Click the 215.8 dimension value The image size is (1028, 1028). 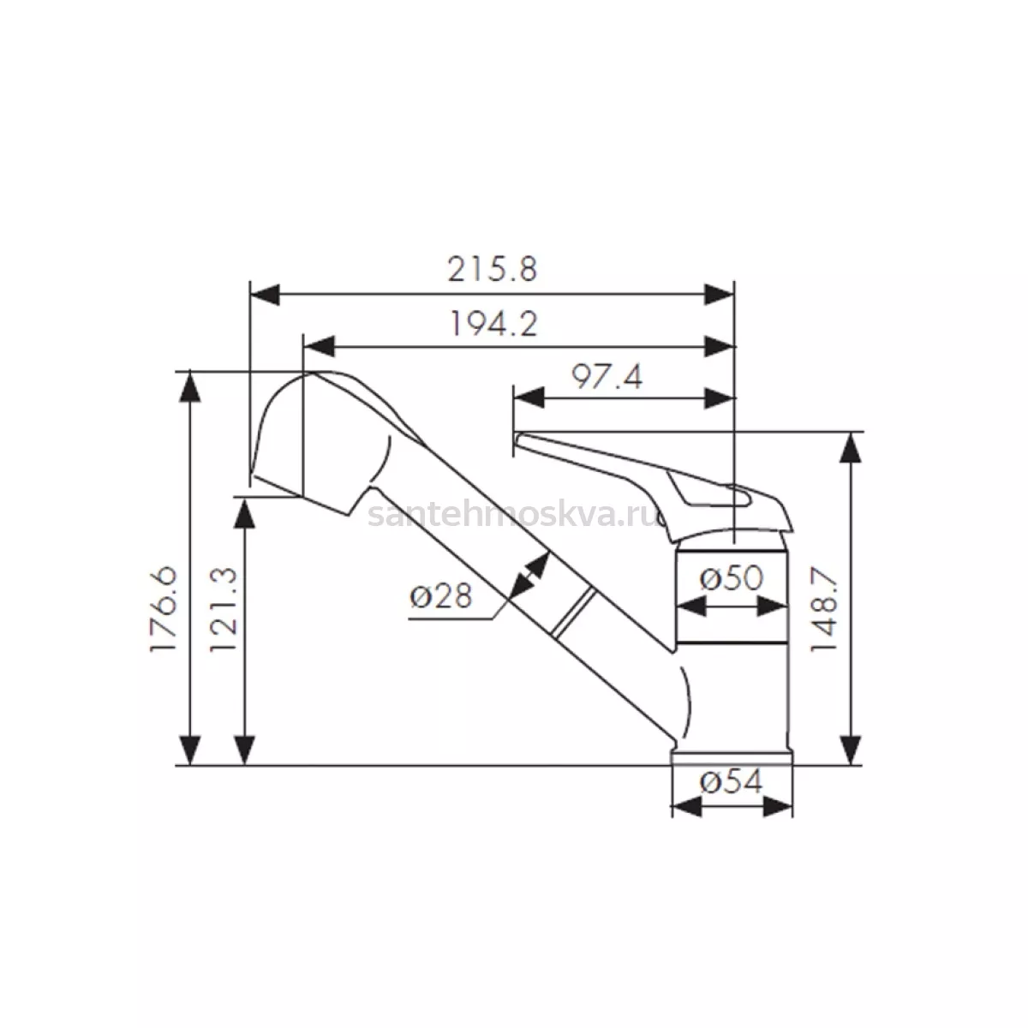point(492,269)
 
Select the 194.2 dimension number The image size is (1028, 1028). point(494,323)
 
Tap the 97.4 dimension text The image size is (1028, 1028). point(607,377)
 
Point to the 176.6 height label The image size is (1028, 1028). point(164,609)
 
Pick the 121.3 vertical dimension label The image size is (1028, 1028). point(223,609)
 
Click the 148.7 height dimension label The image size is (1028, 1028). point(823,610)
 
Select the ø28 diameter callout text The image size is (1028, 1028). point(441,596)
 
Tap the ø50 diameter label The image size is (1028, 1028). point(732,577)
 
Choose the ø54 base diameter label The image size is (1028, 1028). point(732,782)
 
